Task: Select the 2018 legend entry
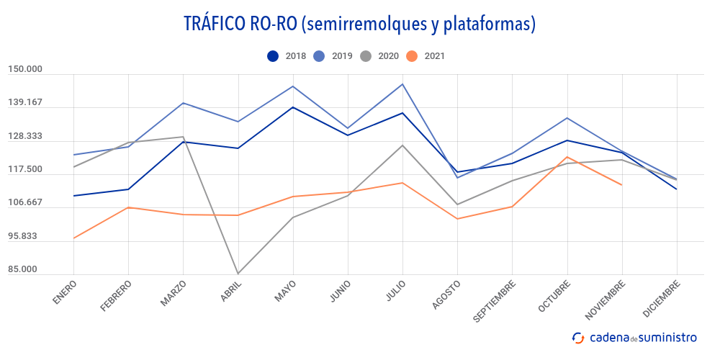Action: [287, 56]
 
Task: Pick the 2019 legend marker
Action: [320, 56]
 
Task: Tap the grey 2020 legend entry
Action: [379, 56]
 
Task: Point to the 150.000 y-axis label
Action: [25, 69]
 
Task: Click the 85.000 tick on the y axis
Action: [25, 269]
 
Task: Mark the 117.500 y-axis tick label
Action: [25, 169]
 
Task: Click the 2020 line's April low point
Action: [238, 274]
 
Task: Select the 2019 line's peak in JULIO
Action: [402, 84]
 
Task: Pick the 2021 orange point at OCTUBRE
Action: [567, 157]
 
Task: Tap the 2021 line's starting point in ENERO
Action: [73, 238]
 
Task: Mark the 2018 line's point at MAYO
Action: [292, 107]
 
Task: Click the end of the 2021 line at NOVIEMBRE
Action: [621, 185]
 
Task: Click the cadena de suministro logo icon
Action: [577, 337]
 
